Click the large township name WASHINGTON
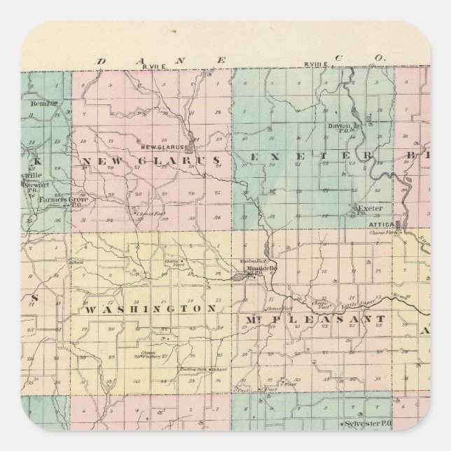coord(150,308)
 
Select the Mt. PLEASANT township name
coord(314,319)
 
